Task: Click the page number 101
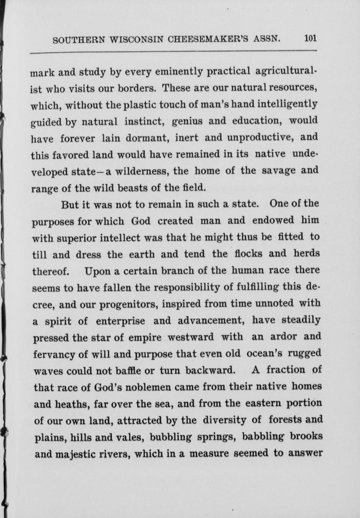coord(311,38)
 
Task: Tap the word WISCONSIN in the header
coord(136,39)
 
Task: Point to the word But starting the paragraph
coord(69,205)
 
